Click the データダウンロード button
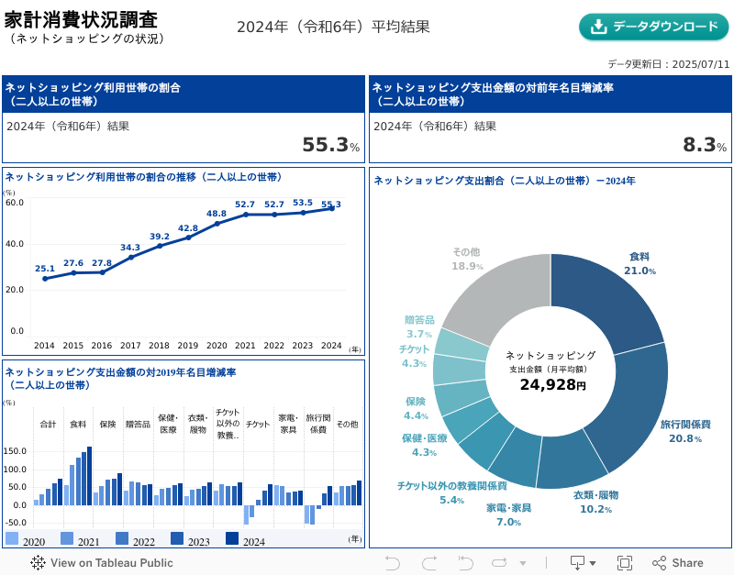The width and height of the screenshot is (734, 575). tap(653, 27)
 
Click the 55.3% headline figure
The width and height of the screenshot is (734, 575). tap(330, 145)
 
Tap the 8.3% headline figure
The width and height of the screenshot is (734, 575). tap(704, 145)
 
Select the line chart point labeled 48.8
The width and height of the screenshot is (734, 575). tap(217, 223)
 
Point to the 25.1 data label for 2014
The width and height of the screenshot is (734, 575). tap(45, 269)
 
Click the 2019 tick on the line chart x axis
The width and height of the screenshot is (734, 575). tap(188, 346)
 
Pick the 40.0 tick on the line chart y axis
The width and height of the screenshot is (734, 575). tap(15, 244)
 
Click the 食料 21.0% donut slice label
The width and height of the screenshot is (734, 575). tap(639, 263)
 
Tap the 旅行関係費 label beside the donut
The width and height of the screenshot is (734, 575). tap(685, 425)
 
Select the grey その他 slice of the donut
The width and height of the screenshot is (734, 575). tap(491, 293)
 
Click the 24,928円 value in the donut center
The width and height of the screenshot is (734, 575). tap(551, 385)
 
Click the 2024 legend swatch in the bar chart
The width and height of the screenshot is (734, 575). tap(231, 538)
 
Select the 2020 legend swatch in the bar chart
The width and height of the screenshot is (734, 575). tap(12, 538)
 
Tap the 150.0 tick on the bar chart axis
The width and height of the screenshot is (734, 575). tap(16, 451)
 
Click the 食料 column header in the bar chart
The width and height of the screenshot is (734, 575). tap(78, 425)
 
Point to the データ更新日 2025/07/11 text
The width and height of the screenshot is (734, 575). tap(668, 64)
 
